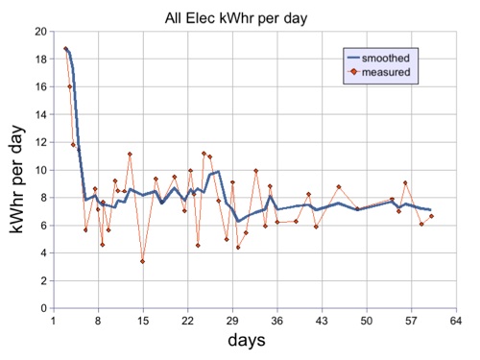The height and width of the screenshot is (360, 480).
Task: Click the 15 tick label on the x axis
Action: pos(143,321)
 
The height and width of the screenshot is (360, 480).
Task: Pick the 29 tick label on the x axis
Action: pos(232,321)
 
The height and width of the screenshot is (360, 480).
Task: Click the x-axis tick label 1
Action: pos(53,321)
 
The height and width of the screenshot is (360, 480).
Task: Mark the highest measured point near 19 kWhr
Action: pos(65,48)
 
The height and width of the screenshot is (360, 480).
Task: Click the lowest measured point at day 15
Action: pos(143,261)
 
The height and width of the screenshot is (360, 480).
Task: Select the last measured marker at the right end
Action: pos(432,216)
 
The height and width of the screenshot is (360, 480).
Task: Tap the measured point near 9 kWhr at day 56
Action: pos(406,182)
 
